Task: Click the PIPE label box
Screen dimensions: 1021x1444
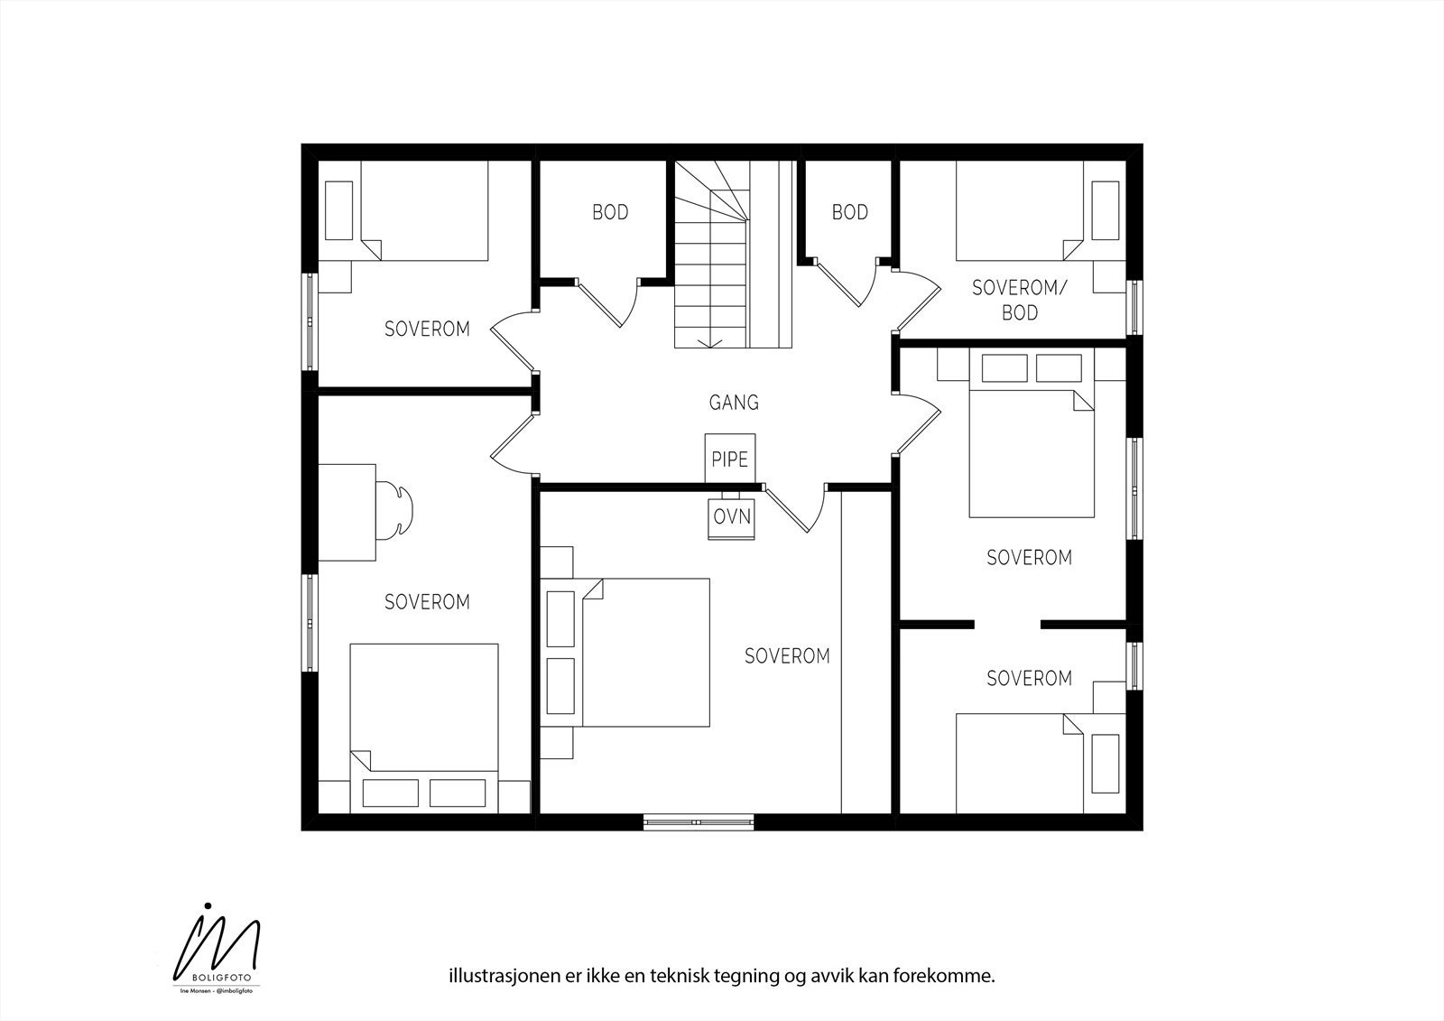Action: [x=729, y=459]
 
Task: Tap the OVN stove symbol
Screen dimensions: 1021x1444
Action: [x=731, y=517]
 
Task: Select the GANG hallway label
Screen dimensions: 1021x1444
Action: [x=733, y=403]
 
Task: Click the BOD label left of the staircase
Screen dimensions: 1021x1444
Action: [x=610, y=213]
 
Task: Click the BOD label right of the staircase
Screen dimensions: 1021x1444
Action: [x=849, y=212]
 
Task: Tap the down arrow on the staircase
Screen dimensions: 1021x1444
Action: [x=711, y=340]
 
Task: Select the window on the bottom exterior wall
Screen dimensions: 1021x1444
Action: [x=698, y=821]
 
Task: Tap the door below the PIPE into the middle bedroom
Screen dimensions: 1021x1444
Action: [x=794, y=510]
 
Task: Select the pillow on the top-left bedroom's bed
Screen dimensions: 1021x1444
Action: [x=338, y=210]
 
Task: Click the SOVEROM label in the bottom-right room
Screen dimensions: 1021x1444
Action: [x=1029, y=678]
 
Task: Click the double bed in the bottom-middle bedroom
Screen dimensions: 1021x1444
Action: [x=646, y=653]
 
